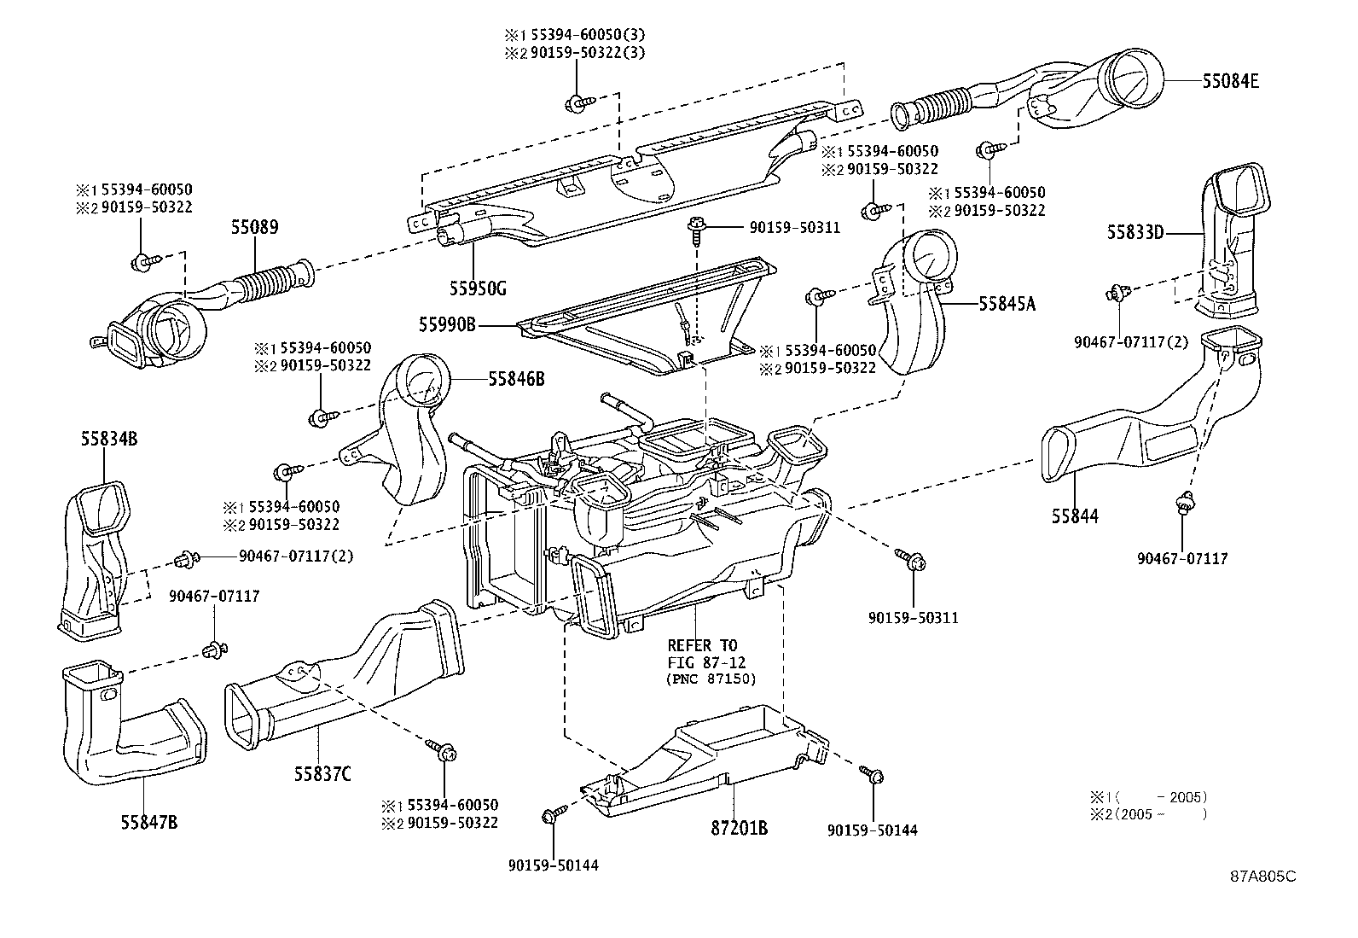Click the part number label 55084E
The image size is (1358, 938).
1230,82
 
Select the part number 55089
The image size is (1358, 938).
254,228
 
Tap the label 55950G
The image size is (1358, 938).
478,288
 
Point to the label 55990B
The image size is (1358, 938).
447,324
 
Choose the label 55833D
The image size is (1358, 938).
1136,231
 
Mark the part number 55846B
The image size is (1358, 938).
516,378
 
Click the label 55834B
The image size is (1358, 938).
109,439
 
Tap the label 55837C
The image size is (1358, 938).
322,774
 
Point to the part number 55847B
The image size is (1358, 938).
148,823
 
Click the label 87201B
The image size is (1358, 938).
739,828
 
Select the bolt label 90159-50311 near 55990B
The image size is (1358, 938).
794,228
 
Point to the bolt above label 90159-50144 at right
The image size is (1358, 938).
873,776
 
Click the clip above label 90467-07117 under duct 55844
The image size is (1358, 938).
1183,504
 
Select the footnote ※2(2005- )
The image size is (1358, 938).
1148,814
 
